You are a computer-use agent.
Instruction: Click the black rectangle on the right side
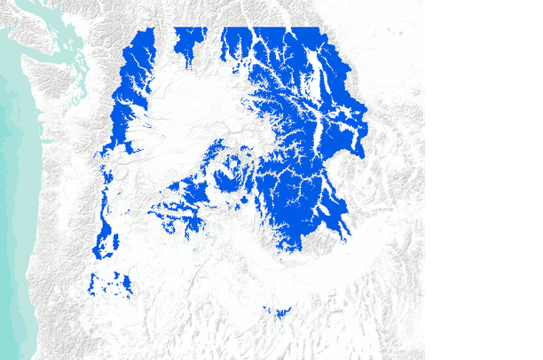(x=484, y=180)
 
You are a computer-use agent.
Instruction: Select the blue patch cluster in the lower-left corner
(x=111, y=285)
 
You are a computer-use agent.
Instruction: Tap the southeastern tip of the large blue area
(x=342, y=232)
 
